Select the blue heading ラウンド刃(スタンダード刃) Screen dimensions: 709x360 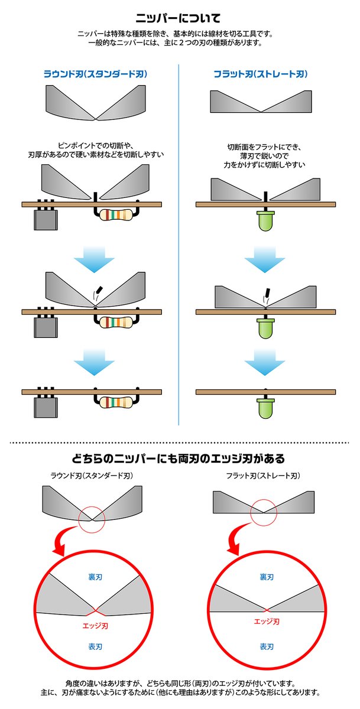click(95, 74)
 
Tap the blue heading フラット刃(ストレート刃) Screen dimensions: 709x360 click(261, 74)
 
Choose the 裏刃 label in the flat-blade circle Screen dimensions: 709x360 click(267, 576)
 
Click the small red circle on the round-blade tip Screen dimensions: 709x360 click(92, 518)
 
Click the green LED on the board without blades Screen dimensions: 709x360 click(265, 407)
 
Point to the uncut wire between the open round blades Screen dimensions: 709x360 click(96, 196)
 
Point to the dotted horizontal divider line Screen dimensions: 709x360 click(180, 441)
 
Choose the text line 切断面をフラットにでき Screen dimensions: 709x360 click(262, 146)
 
